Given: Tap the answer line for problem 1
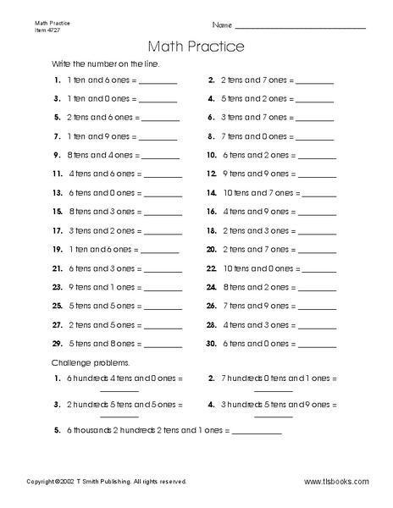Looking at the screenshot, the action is pyautogui.click(x=158, y=84).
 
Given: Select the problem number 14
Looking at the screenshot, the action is pyautogui.click(x=212, y=193).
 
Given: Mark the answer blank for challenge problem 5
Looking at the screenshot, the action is pyautogui.click(x=257, y=434).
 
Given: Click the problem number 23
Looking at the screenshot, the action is pyautogui.click(x=57, y=287).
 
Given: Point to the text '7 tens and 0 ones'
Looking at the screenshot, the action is pyautogui.click(x=252, y=136).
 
